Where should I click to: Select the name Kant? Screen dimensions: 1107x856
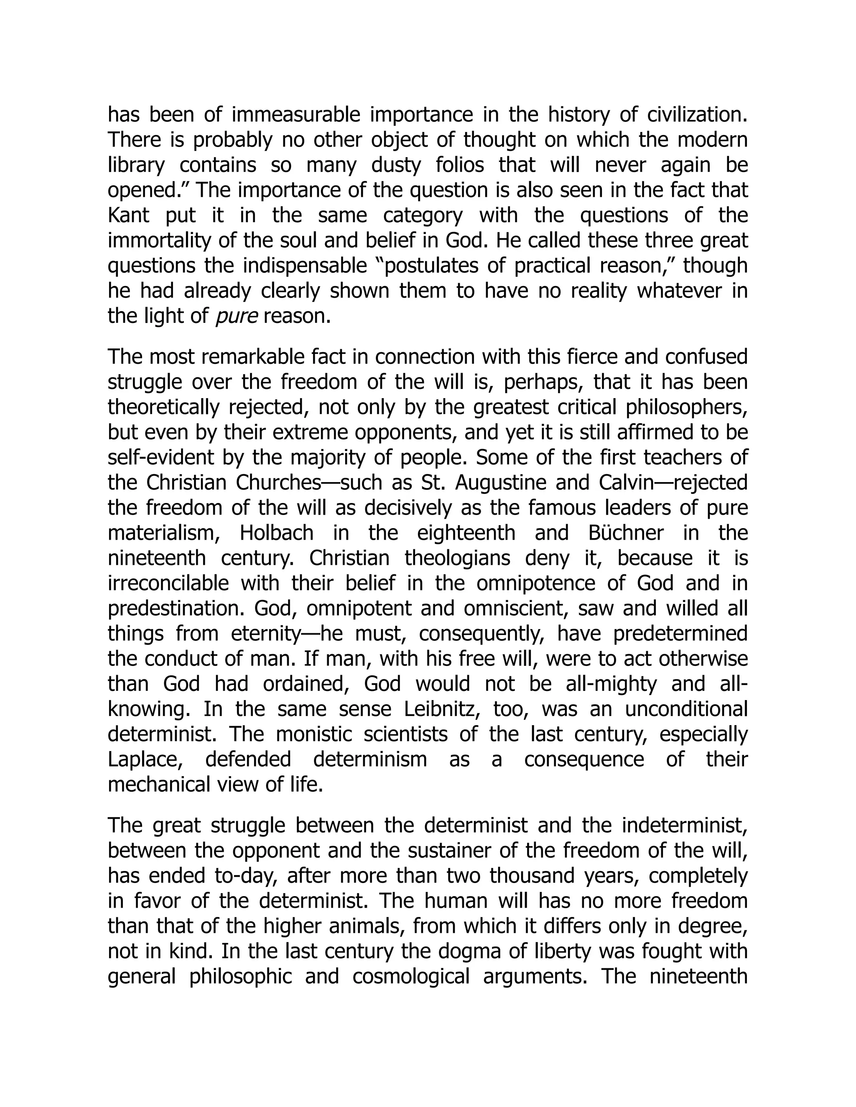[128, 216]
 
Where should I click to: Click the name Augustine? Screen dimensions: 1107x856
[499, 482]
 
